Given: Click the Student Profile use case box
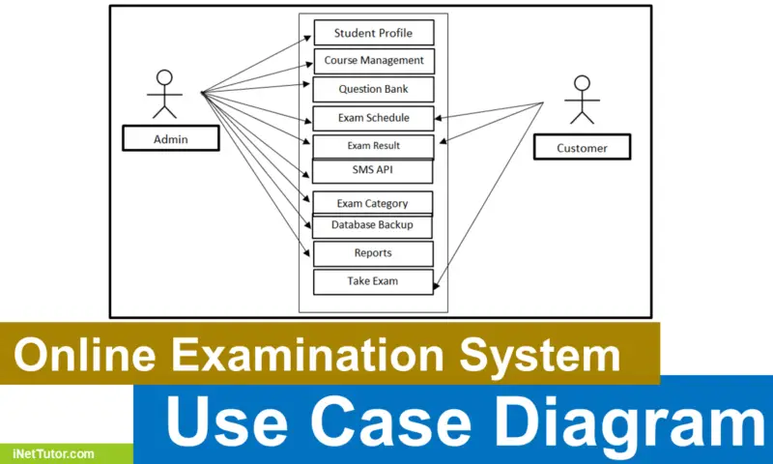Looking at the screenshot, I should click(373, 33).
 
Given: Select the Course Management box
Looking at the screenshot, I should click(373, 61).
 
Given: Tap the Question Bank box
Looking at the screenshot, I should click(373, 89).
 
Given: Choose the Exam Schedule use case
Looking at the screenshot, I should click(373, 118).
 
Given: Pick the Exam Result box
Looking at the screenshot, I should click(373, 147).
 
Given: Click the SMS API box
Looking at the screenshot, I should click(373, 170).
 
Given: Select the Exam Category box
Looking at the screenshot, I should click(373, 203).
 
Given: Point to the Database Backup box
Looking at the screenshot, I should click(373, 225).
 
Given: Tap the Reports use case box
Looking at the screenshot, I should click(373, 253).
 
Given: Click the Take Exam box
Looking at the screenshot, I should click(373, 281).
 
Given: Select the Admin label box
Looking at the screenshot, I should click(171, 139).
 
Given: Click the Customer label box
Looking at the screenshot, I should click(582, 148).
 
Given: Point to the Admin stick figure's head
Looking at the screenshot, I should click(164, 77).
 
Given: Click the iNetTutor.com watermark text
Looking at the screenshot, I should click(54, 452).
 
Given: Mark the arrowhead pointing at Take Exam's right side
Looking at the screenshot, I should click(438, 286).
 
